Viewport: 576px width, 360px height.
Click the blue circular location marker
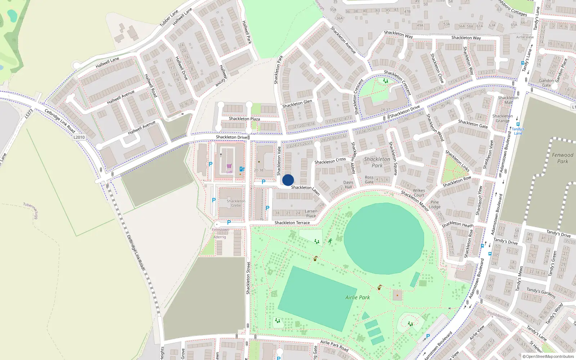point(288,180)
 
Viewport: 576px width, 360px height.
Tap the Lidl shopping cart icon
point(229,166)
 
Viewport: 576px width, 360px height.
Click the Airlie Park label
point(357,297)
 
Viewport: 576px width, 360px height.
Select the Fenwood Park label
point(562,158)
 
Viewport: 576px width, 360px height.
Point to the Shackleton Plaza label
point(244,119)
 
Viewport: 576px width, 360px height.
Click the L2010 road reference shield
point(79,137)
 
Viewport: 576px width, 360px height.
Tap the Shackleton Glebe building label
point(236,203)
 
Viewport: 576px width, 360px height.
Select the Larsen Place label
point(311,213)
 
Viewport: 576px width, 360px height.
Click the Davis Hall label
point(348,185)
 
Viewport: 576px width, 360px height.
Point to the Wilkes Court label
point(419,193)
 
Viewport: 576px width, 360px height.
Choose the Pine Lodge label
point(435,204)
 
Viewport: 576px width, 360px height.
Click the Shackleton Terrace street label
point(292,223)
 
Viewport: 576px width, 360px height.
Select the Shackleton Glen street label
point(297,104)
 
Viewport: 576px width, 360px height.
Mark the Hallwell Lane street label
point(107,62)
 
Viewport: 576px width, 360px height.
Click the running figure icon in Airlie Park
point(330,241)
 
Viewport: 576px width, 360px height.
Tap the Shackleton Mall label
point(508,100)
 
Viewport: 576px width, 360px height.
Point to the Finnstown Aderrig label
point(220,233)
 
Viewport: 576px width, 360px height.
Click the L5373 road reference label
point(29,114)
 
